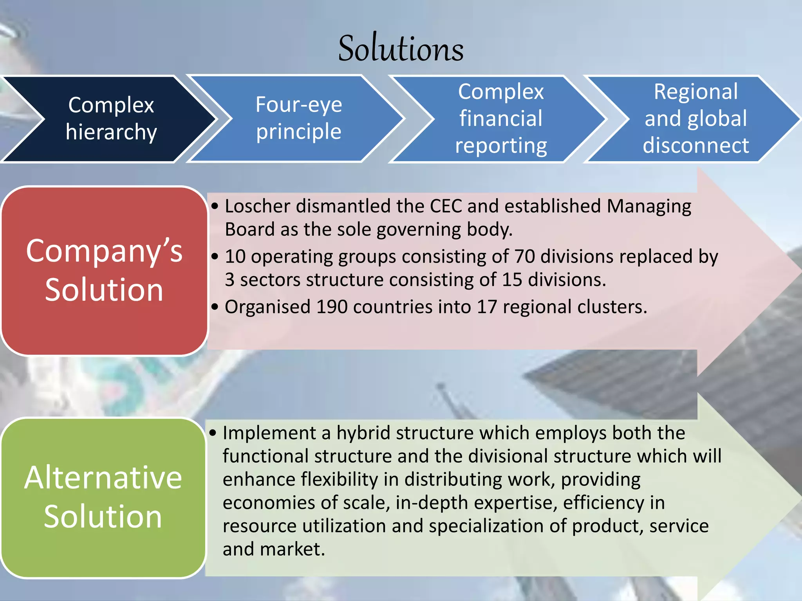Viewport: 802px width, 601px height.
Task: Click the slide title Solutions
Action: [401, 49]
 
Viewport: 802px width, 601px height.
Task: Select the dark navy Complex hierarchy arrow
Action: [111, 119]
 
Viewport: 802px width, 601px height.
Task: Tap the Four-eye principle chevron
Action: [298, 118]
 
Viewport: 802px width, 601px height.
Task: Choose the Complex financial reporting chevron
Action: [501, 119]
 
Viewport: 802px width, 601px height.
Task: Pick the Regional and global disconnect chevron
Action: [695, 119]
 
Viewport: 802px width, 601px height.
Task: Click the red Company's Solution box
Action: [104, 271]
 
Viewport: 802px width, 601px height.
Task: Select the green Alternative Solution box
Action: [103, 497]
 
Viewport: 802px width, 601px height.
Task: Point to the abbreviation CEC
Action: [446, 206]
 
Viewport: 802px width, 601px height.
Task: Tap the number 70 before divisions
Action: [525, 257]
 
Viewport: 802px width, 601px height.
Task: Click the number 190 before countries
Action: [332, 307]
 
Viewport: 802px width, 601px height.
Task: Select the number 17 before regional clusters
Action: [487, 307]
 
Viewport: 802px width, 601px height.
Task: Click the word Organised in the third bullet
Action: [267, 307]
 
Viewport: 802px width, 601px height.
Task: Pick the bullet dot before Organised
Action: [214, 307]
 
